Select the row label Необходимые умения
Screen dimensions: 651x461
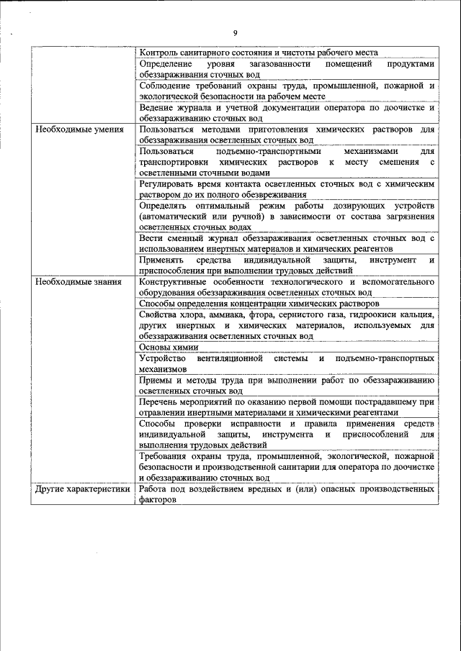[x=73, y=129]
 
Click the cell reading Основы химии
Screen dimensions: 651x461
[x=164, y=346]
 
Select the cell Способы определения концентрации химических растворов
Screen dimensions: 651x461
[x=259, y=304]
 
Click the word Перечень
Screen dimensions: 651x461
[x=160, y=401]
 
